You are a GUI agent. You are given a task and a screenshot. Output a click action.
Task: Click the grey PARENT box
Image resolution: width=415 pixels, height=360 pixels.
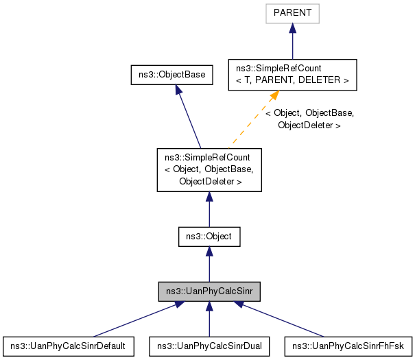[292, 13]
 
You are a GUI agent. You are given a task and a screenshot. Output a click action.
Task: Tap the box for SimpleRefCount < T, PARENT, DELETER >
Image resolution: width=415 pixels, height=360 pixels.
[292, 75]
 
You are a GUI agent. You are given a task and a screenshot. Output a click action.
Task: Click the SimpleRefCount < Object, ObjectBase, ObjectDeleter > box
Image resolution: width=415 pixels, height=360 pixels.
[209, 171]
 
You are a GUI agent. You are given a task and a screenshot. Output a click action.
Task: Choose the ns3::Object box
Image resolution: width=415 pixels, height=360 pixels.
[209, 237]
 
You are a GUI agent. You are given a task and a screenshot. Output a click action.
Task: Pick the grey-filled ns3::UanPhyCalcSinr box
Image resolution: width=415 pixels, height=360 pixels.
[209, 291]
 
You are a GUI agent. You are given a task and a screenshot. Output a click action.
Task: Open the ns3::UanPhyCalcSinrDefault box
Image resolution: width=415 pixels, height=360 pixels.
[68, 345]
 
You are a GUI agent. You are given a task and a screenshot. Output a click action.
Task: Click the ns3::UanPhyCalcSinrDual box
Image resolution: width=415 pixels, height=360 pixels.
[209, 345]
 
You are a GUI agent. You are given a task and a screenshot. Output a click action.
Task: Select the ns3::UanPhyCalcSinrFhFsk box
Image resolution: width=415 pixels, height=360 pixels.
[348, 345]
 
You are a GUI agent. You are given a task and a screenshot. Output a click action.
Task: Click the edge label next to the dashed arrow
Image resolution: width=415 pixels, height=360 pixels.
[309, 119]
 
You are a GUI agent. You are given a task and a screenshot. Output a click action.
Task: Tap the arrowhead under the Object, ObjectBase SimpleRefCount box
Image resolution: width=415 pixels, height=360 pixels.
[209, 197]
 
